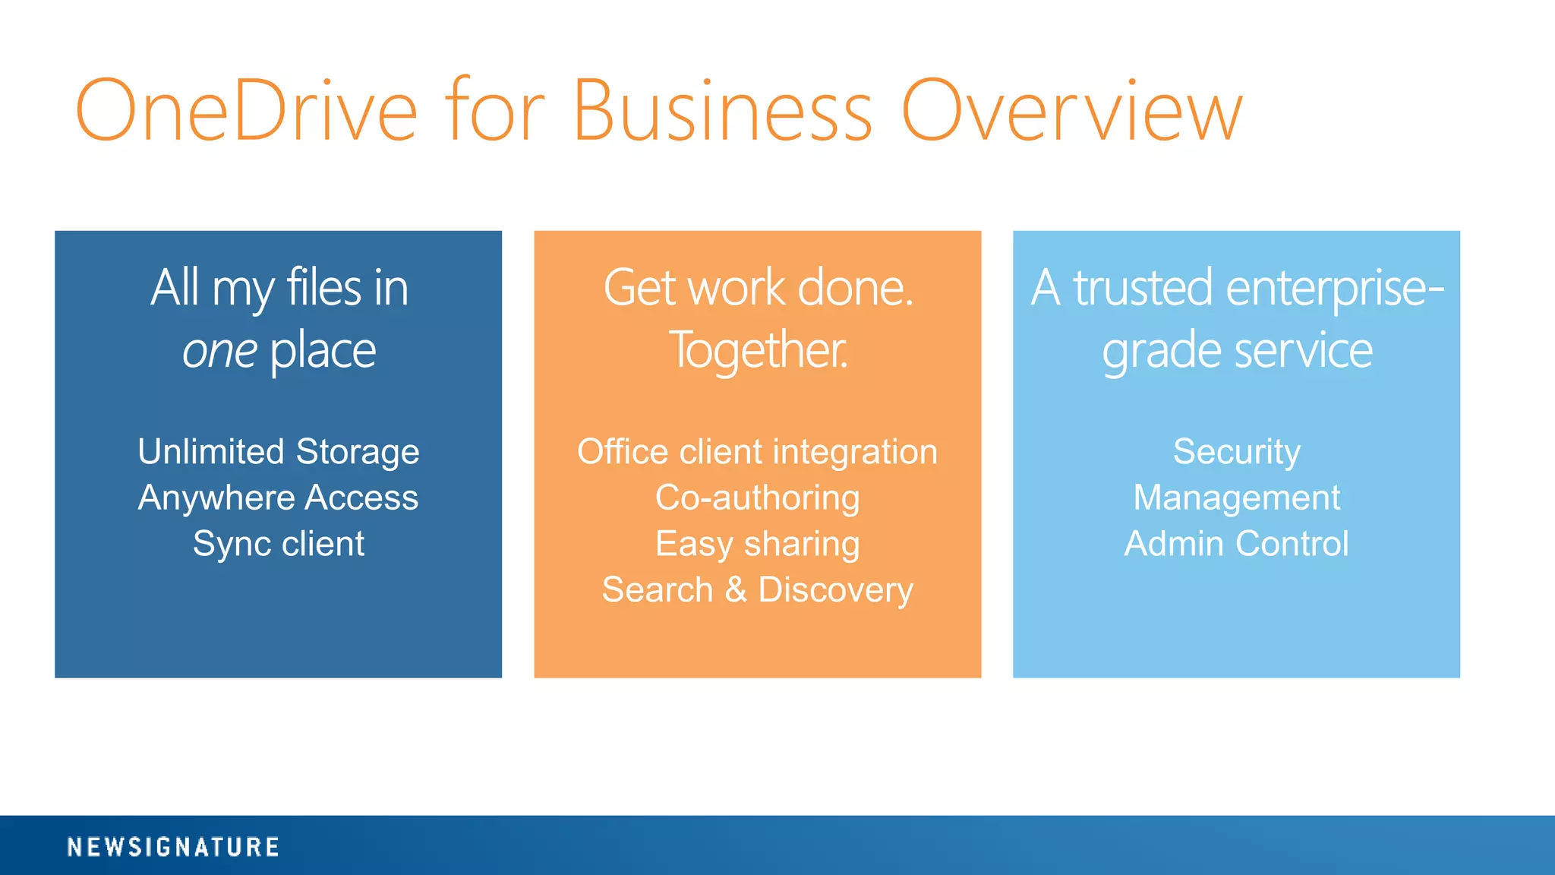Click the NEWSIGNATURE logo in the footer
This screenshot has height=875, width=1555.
pyautogui.click(x=173, y=847)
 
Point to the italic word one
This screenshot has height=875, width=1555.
pyautogui.click(x=219, y=352)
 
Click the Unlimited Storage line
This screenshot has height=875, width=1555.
pyautogui.click(x=278, y=451)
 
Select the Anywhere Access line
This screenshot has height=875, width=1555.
pyautogui.click(x=278, y=498)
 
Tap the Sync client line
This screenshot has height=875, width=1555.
pyautogui.click(x=278, y=544)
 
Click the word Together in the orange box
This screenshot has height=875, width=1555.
pyautogui.click(x=757, y=351)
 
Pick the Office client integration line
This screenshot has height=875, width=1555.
pyautogui.click(x=757, y=451)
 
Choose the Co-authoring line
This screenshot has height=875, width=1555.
pyautogui.click(x=757, y=498)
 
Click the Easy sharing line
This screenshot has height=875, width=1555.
pyautogui.click(x=757, y=544)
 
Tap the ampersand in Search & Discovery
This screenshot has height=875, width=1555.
pyautogui.click(x=736, y=589)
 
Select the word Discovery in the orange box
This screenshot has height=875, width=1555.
pyautogui.click(x=835, y=590)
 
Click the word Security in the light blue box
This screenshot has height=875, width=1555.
pyautogui.click(x=1236, y=451)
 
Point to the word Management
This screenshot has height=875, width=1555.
pyautogui.click(x=1236, y=498)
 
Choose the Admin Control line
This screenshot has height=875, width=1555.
pyautogui.click(x=1236, y=544)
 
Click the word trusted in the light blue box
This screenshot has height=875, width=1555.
pyautogui.click(x=1143, y=289)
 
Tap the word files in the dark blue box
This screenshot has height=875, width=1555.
pyautogui.click(x=323, y=289)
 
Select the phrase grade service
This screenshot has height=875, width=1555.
pyautogui.click(x=1237, y=351)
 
